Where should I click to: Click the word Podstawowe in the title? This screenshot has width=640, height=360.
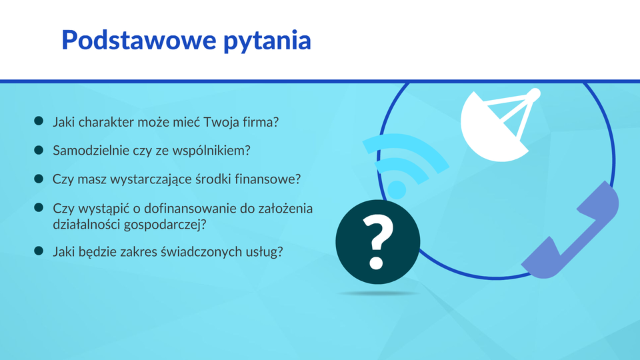coord(139,40)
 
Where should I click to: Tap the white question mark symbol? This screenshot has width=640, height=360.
coord(377,241)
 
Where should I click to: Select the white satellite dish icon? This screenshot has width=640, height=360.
coord(501,125)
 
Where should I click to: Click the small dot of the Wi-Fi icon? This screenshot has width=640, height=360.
coord(396,190)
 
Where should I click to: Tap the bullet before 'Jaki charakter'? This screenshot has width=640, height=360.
coord(39,121)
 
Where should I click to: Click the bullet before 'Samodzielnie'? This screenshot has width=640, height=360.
coord(39,150)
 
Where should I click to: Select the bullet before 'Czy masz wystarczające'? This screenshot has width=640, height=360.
coord(39,179)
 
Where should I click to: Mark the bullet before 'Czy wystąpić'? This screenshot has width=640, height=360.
coord(39,208)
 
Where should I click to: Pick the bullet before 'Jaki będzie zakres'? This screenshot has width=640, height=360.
coord(39,251)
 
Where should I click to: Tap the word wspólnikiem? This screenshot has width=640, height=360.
coord(211,151)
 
